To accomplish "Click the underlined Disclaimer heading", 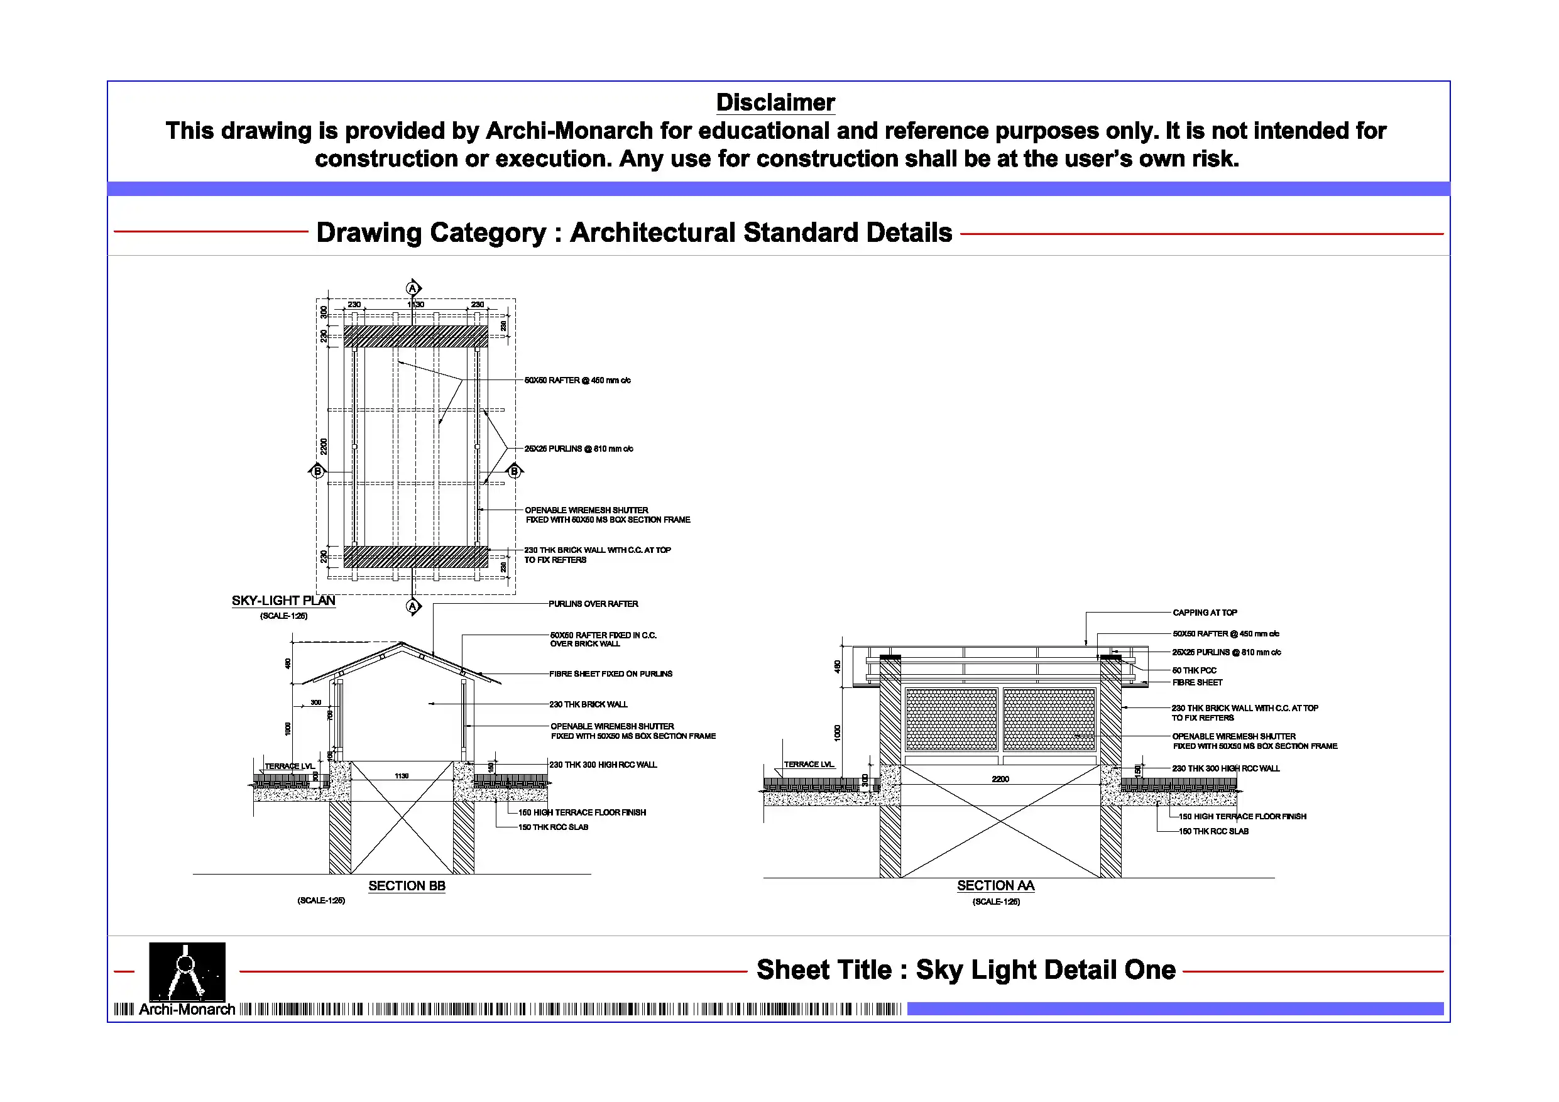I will point(775,102).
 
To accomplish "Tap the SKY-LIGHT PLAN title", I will point(283,601).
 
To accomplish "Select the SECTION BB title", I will point(407,886).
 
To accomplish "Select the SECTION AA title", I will point(995,886).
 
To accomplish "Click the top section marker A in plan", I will point(413,288).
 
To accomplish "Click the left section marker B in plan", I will point(317,471).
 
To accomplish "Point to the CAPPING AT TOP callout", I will point(1205,613).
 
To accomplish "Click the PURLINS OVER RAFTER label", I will point(593,604).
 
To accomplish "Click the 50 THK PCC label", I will point(1195,670).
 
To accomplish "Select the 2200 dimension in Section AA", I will point(1000,779).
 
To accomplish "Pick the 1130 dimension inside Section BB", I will point(402,775).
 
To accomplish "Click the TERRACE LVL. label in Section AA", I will point(808,765).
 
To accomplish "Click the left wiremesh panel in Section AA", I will point(951,719).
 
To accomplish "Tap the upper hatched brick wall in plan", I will point(415,336).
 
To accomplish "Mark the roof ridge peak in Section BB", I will point(402,644).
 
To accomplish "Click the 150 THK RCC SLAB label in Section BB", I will point(554,827).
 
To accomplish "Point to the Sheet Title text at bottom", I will point(966,969).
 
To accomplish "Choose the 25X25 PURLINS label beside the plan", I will point(579,449).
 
